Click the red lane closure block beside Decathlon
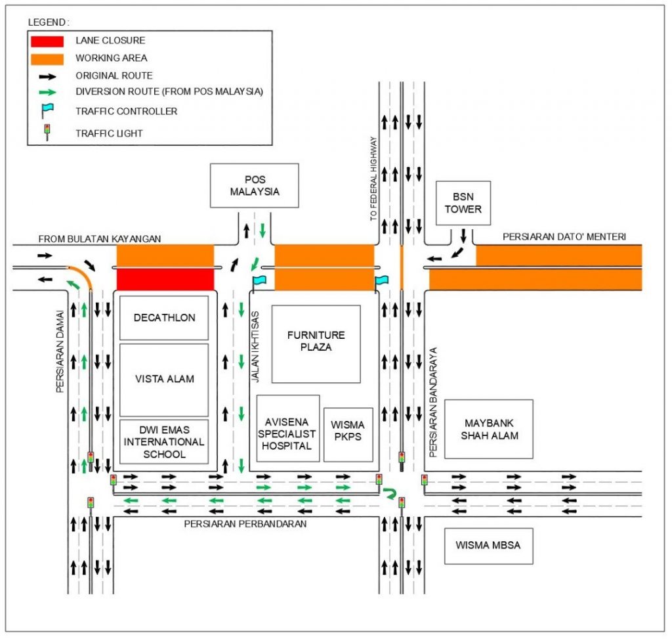(165, 278)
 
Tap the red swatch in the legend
(47, 41)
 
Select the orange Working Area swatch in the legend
(47, 58)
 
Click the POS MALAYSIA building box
(255, 185)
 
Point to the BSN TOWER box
(463, 203)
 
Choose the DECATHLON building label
(164, 318)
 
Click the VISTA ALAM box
(164, 379)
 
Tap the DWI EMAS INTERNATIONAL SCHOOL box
(164, 441)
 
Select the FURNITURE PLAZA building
(316, 343)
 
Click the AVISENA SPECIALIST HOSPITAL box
(287, 428)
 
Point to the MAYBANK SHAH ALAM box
(488, 429)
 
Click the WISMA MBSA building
(488, 545)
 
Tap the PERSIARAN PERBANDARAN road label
(245, 524)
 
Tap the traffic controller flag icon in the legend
(47, 111)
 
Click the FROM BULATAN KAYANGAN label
(100, 239)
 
